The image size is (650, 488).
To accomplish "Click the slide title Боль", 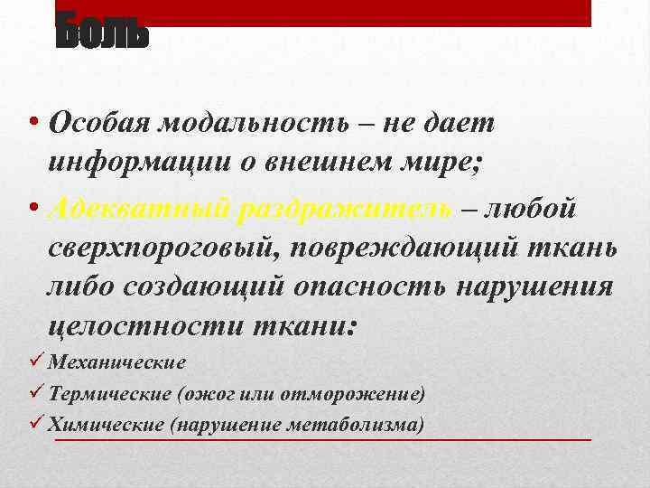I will click(x=101, y=33).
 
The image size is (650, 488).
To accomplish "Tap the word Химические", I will click(x=107, y=424).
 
